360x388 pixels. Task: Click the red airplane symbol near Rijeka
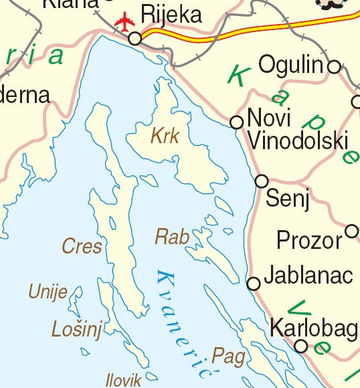click(x=124, y=22)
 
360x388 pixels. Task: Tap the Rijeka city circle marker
click(x=135, y=39)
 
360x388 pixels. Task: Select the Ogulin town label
click(x=291, y=66)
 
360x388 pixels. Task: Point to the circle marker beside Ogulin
click(x=334, y=66)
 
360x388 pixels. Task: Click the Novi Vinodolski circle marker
click(x=236, y=122)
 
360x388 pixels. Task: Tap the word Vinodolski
click(x=298, y=141)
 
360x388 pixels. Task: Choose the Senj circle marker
click(x=262, y=181)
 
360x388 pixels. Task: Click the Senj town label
click(x=288, y=199)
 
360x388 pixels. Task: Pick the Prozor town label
click(x=309, y=240)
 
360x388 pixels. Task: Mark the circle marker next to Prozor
click(x=352, y=231)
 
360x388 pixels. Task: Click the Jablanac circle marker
click(x=254, y=284)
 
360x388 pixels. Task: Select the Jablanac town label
click(x=308, y=275)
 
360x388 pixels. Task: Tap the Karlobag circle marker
click(x=301, y=346)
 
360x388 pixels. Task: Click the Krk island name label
click(x=165, y=136)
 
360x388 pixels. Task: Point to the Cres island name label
click(x=82, y=246)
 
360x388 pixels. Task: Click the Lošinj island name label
click(x=76, y=328)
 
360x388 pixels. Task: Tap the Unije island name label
click(x=48, y=292)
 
